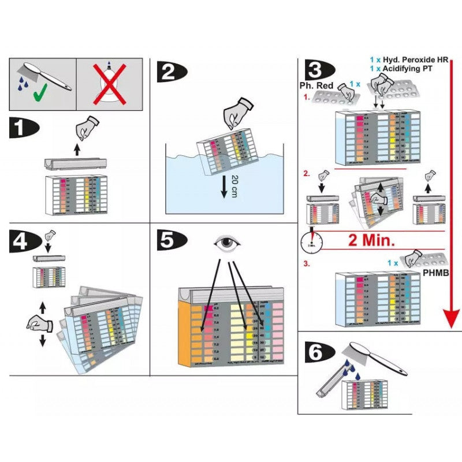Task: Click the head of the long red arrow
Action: click(452, 317)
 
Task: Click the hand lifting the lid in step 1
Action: click(88, 126)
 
